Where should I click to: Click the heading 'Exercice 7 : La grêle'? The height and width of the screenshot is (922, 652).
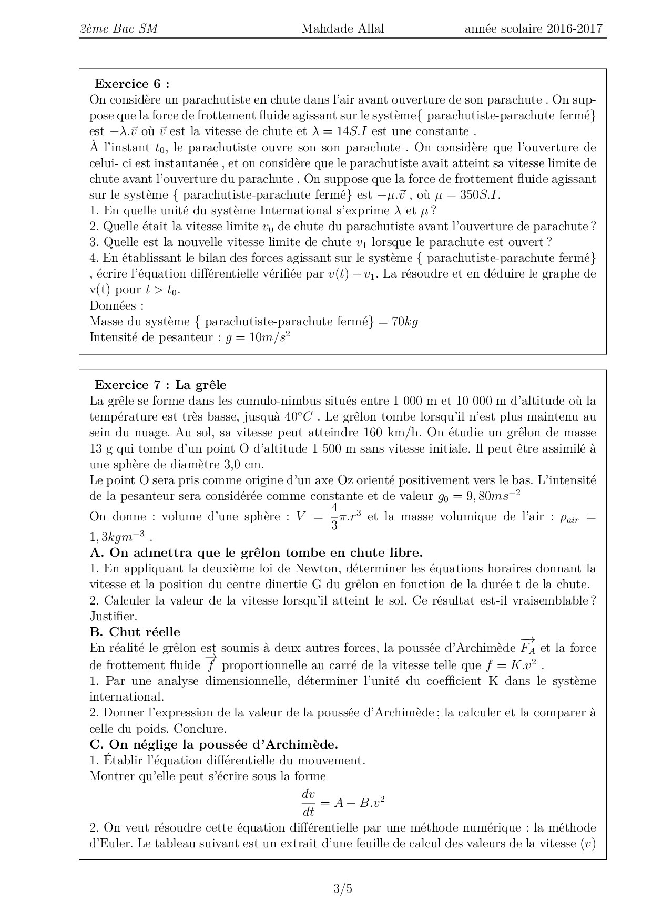(x=160, y=385)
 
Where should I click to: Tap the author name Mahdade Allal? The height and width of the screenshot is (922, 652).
(x=342, y=29)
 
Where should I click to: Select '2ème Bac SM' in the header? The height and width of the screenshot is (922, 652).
(x=118, y=29)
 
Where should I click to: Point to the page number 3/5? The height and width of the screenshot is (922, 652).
(x=342, y=889)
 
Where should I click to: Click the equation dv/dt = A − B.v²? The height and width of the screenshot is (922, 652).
(x=342, y=803)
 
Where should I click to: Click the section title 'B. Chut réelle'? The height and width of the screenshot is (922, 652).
(x=135, y=632)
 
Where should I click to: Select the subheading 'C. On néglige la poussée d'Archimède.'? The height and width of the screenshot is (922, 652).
(x=214, y=744)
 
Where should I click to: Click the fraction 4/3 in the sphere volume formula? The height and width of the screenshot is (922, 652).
(x=334, y=516)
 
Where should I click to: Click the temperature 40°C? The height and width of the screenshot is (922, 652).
(x=298, y=417)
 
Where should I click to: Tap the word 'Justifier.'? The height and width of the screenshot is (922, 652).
(x=113, y=616)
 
